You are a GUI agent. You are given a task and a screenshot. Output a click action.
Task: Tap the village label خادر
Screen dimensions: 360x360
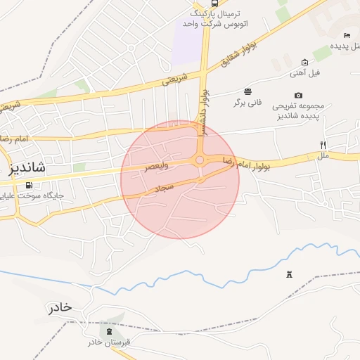pos(60,307)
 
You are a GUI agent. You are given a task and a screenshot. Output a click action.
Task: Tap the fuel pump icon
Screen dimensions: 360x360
pos(29,186)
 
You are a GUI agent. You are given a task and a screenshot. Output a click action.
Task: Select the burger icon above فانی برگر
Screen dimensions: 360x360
pos(248,91)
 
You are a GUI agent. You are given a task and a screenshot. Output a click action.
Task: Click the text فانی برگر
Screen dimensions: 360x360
pos(248,103)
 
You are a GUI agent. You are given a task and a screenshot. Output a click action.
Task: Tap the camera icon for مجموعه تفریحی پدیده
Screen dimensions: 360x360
pos(299,95)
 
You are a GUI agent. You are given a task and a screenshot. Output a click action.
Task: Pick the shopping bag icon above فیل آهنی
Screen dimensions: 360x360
pos(304,62)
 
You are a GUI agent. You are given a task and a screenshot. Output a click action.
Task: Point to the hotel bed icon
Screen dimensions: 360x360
pos(347,35)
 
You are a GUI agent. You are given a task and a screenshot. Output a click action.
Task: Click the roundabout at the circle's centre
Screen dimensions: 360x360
pos(200,160)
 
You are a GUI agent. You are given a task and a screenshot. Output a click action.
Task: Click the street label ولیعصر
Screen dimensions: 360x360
pos(157,167)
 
